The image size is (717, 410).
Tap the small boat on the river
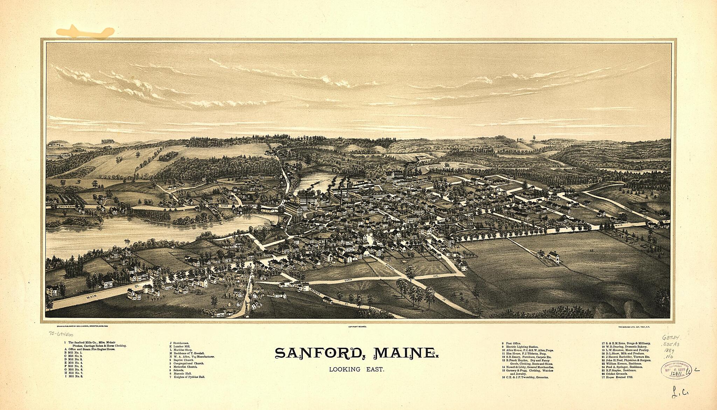tap(127, 240)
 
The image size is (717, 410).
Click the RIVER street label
tap(224, 206)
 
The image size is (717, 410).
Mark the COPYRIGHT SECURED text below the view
tap(357, 326)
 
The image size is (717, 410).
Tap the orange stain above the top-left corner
tap(86, 31)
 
